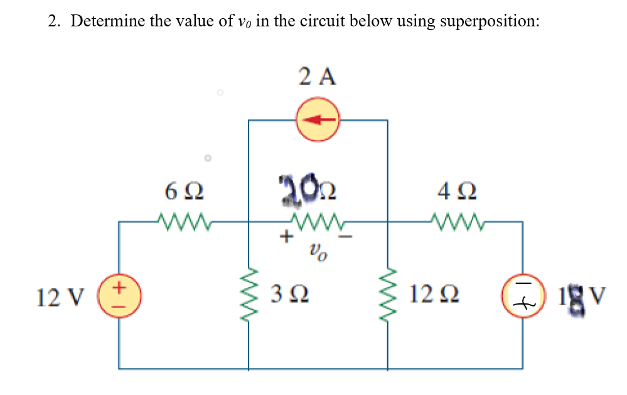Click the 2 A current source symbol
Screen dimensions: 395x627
point(318,120)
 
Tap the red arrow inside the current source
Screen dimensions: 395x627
point(318,120)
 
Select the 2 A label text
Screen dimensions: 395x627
point(318,77)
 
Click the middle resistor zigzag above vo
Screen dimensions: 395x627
point(318,220)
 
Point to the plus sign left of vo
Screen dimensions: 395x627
point(286,237)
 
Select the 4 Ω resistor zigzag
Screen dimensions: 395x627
point(455,220)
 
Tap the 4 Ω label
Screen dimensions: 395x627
point(456,190)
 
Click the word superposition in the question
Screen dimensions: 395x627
point(489,21)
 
